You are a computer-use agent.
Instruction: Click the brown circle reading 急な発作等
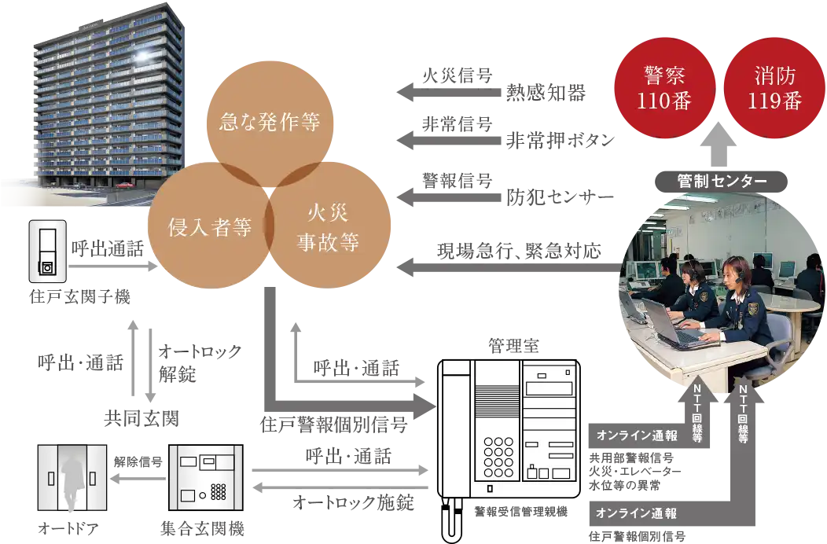(x=266, y=123)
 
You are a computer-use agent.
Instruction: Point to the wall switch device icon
(x=46, y=252)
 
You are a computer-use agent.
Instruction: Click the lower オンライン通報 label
(x=637, y=513)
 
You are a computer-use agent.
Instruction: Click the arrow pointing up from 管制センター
(x=721, y=145)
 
